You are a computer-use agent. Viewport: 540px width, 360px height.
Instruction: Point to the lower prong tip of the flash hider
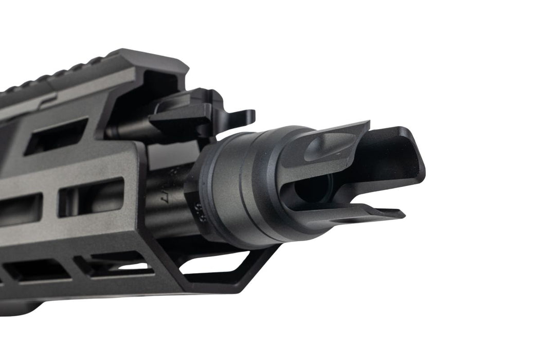tap(391, 213)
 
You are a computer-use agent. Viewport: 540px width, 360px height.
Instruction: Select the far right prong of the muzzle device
tap(396, 154)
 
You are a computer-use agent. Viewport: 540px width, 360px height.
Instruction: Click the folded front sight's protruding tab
tap(242, 117)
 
